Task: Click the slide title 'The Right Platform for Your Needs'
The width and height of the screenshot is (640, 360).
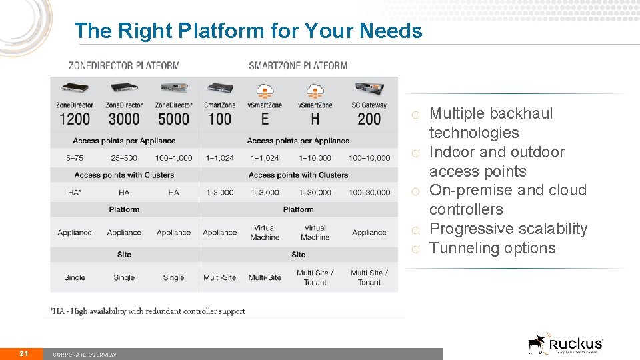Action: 248,31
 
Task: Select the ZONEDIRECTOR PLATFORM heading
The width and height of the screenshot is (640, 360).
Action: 124,65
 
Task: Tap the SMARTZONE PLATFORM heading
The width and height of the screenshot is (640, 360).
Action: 298,65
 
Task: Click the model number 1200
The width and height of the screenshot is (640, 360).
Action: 75,119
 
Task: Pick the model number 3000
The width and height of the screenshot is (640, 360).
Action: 124,119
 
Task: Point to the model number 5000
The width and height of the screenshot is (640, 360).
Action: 173,119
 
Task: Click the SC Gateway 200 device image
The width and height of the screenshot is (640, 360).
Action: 369,89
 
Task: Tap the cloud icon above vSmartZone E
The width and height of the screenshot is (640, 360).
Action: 265,90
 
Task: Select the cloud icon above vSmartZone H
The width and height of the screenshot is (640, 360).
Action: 315,90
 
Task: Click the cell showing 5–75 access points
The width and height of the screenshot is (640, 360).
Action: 75,158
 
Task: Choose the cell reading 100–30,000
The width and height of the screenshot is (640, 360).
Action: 369,192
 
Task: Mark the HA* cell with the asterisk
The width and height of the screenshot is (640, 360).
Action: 75,192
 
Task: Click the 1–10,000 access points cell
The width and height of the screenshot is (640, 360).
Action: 315,158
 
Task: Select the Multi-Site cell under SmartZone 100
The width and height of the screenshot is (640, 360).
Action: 219,277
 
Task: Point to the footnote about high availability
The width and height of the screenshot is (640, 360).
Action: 148,311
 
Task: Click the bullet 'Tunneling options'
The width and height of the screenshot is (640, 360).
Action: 492,248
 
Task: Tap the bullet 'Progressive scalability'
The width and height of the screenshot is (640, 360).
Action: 508,229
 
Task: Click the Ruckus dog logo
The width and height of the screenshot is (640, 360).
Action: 537,344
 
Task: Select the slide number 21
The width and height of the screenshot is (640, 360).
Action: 23,353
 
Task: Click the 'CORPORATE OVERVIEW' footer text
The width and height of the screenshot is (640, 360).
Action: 85,355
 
